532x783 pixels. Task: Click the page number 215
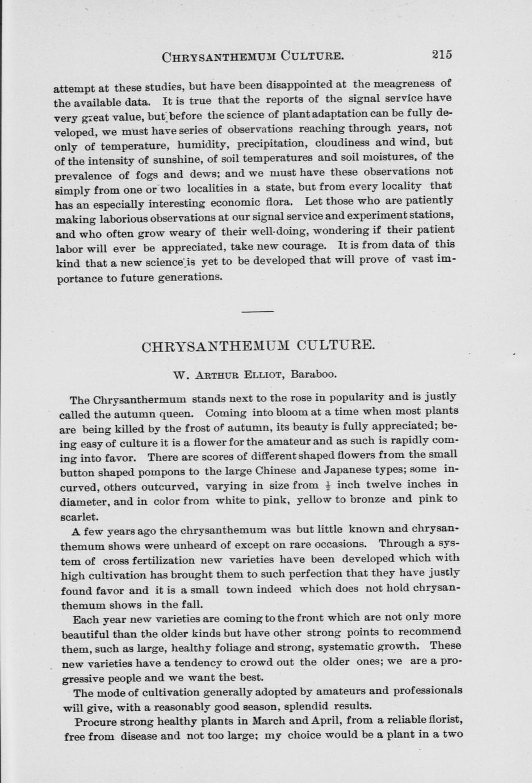[441, 55]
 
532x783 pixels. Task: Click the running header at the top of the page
[253, 56]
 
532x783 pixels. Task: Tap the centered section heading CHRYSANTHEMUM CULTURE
[258, 346]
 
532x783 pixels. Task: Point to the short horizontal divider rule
[258, 311]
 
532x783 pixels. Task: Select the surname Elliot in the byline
[263, 375]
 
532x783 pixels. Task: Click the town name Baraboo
[314, 374]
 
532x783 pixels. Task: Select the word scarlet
[79, 516]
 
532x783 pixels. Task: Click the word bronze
[367, 499]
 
